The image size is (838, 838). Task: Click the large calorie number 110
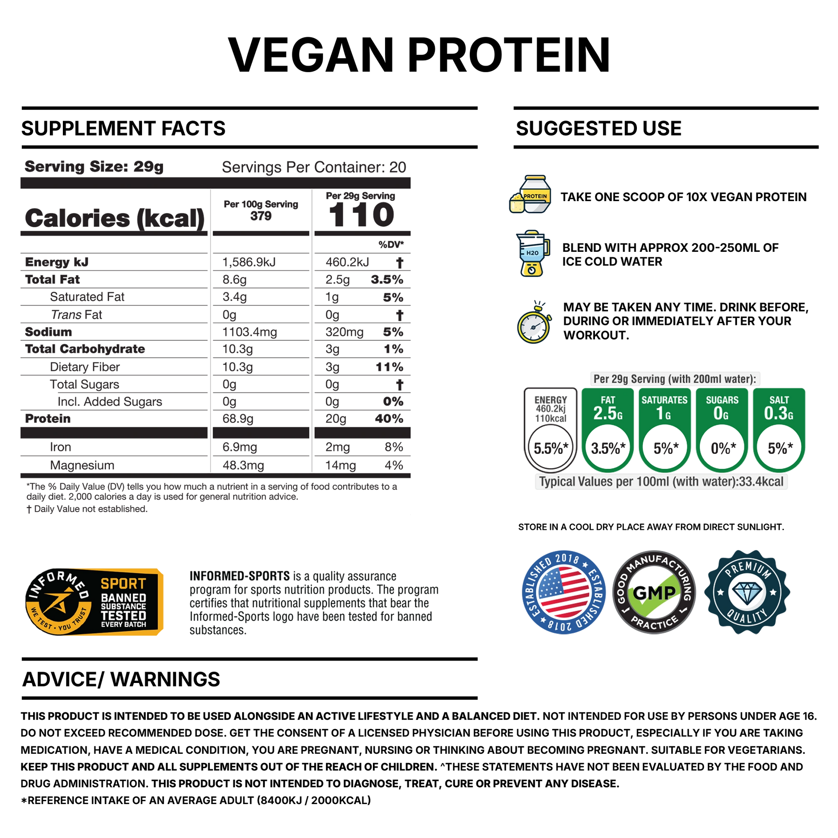362,216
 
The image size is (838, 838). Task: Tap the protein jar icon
531,195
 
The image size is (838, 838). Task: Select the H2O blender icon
533,253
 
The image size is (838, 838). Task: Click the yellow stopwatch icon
534,324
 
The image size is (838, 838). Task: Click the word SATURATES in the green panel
664,400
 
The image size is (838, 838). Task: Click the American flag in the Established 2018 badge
564,592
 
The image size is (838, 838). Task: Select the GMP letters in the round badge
654,593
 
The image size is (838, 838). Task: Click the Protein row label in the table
48,419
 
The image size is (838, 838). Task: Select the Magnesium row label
82,465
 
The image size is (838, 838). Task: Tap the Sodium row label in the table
48,332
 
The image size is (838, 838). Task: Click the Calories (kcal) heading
115,217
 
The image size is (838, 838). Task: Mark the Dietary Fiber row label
85,367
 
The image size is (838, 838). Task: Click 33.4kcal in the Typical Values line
761,482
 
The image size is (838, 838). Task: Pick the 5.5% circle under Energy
550,448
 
